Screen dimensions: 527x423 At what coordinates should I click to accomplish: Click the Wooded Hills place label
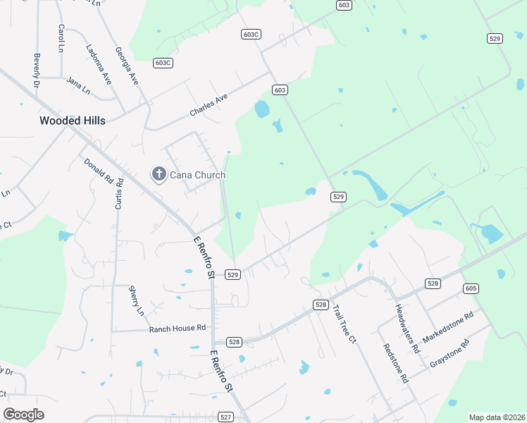73,121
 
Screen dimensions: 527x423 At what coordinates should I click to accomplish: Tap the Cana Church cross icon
159,174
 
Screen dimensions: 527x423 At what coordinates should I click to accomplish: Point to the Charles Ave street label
209,106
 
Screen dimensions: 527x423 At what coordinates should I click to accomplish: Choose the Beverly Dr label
36,70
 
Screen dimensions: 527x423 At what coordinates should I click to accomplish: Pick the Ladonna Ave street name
99,65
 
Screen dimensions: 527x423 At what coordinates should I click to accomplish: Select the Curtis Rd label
119,194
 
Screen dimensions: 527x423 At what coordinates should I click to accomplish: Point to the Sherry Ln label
136,300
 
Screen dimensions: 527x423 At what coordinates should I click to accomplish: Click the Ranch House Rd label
177,328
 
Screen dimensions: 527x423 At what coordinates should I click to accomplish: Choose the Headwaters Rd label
407,329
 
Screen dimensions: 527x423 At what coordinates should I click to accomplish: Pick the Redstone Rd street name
396,363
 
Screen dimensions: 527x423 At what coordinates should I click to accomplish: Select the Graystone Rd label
449,355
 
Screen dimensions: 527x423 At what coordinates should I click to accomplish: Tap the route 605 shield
471,288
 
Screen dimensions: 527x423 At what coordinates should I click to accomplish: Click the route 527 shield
225,417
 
